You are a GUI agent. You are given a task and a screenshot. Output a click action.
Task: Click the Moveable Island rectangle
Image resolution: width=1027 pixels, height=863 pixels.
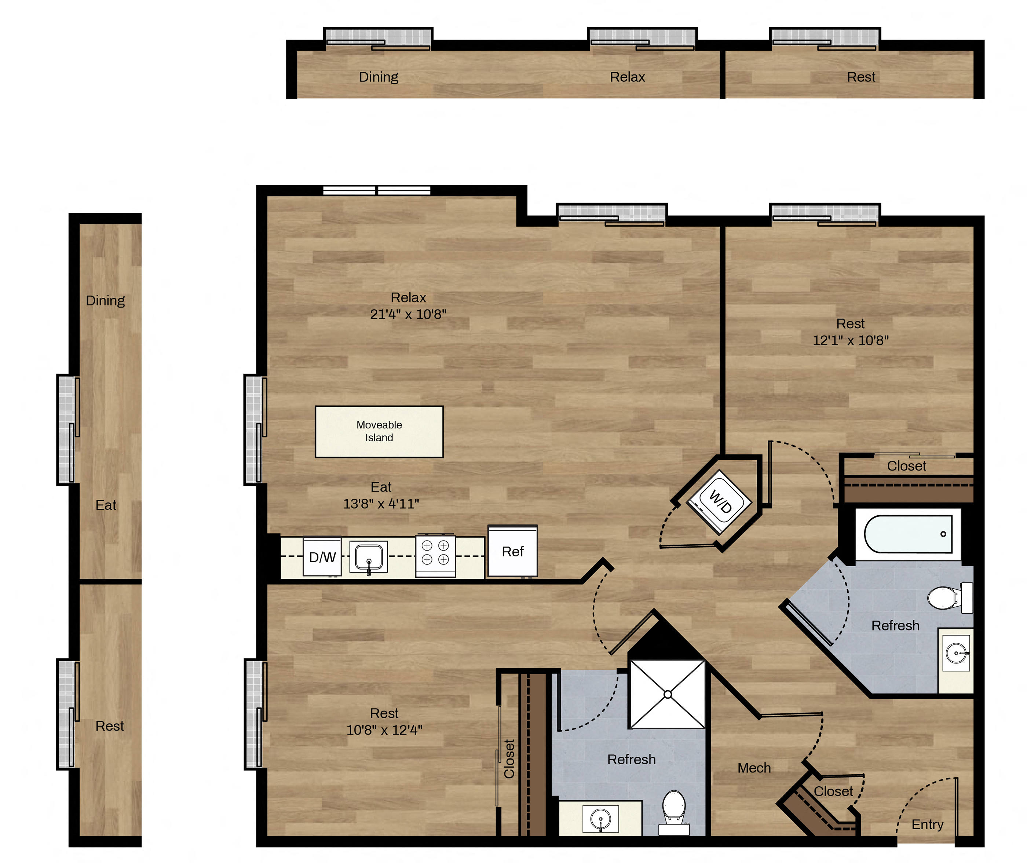point(379,431)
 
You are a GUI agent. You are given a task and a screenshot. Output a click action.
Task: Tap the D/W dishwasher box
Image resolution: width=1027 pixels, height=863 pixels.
point(322,557)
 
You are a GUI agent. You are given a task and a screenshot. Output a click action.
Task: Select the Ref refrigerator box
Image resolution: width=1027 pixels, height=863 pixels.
point(513,551)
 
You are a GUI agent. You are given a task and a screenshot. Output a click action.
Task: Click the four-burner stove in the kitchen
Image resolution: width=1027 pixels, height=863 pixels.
point(435,556)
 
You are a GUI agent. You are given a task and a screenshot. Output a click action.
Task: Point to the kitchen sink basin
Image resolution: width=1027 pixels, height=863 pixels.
point(369,557)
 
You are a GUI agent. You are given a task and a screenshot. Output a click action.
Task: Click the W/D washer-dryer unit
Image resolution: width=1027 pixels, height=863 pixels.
point(719,501)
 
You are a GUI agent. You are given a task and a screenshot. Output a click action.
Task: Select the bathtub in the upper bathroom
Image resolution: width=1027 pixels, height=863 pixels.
point(908,534)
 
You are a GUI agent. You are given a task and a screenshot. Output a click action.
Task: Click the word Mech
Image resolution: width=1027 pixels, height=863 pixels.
point(754,768)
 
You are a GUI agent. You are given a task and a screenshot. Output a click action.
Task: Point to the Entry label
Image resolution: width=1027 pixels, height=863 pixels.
point(928,825)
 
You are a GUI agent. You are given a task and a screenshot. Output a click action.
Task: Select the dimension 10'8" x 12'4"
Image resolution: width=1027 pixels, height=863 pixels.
point(384,730)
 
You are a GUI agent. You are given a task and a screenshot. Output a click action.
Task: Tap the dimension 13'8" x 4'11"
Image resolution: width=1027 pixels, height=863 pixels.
point(381,504)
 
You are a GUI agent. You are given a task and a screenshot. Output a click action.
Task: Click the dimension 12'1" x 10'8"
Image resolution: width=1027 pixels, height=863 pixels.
point(851,340)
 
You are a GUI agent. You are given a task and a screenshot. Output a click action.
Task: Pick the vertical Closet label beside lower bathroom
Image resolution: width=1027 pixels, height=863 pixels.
point(509,758)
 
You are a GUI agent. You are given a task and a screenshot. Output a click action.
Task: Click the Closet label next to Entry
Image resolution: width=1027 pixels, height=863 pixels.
point(833,791)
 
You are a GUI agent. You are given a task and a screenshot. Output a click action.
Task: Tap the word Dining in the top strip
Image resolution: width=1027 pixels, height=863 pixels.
point(379,77)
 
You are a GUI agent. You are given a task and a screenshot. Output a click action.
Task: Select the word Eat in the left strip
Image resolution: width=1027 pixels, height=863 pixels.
point(106,505)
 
